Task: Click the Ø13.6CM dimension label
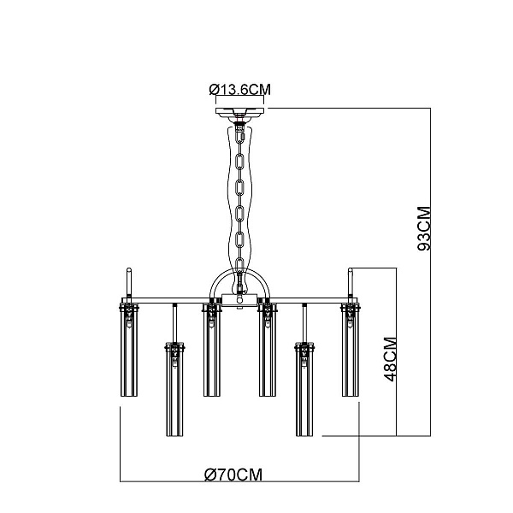point(239,89)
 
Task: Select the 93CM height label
point(424,228)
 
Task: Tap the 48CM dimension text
point(391,359)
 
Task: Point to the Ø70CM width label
point(233,475)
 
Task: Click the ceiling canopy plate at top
point(239,111)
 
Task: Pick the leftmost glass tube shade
point(129,350)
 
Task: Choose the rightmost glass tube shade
point(351,350)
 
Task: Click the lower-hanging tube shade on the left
point(174,389)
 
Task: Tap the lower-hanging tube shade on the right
point(304,389)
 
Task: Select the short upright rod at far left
point(129,282)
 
